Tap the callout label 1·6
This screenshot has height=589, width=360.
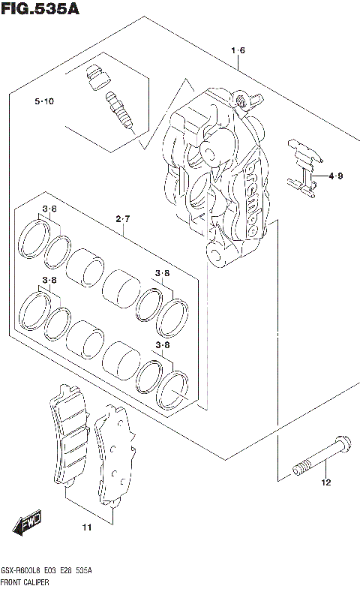(x=238, y=51)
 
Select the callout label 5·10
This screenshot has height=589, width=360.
(x=43, y=101)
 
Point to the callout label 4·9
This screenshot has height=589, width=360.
(x=334, y=177)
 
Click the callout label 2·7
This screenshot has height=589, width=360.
(x=123, y=219)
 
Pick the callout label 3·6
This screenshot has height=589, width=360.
(x=49, y=209)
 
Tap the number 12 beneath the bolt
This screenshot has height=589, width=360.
(x=325, y=482)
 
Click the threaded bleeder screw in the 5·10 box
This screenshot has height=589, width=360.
(x=118, y=109)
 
